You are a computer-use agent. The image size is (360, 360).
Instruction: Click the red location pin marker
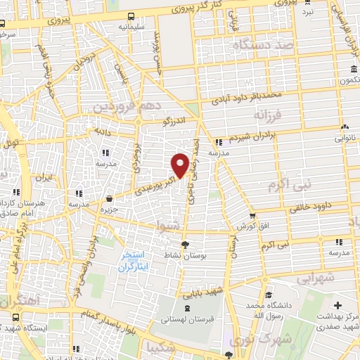[180, 165]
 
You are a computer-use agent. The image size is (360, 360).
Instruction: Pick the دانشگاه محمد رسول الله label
[267, 311]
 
